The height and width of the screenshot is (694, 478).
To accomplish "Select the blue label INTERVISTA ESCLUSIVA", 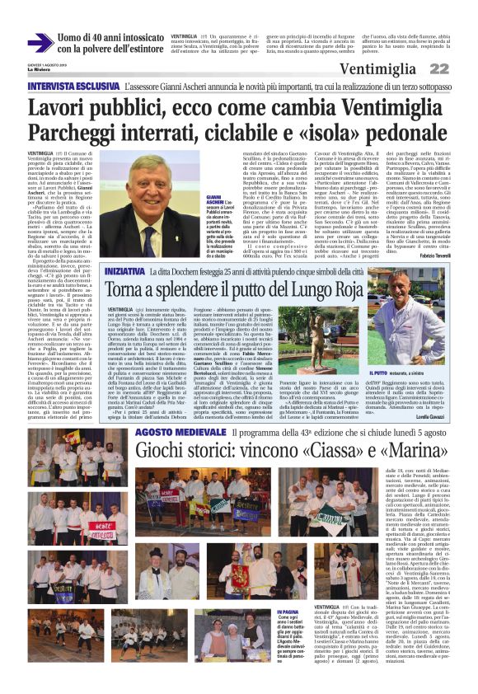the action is (75, 86).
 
